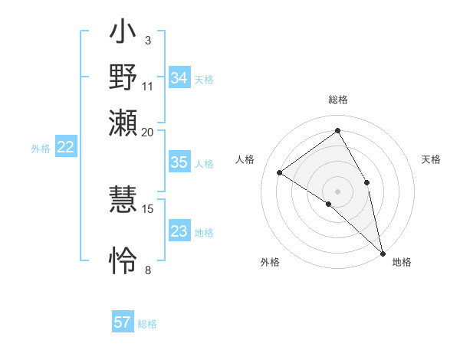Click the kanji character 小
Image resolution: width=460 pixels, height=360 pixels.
(123, 35)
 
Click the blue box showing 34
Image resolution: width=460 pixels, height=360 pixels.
(179, 78)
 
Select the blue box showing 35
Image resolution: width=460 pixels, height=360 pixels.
(179, 162)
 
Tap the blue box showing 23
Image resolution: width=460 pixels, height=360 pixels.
(179, 231)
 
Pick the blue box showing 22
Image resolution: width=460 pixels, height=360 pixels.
(66, 148)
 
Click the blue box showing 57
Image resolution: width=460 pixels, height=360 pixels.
(123, 322)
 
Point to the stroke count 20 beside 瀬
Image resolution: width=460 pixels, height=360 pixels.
(148, 132)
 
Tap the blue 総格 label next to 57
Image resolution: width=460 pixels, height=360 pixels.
(147, 324)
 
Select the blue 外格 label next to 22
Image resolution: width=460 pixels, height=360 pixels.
(41, 149)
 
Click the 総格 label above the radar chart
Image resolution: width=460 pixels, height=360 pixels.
(338, 100)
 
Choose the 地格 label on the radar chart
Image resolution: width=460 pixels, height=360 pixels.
(402, 263)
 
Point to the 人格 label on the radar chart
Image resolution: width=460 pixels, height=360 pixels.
(245, 159)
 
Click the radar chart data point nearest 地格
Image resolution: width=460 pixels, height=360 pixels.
(383, 252)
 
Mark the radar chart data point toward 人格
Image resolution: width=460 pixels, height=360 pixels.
(280, 173)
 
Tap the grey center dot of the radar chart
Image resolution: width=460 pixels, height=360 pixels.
(337, 190)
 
